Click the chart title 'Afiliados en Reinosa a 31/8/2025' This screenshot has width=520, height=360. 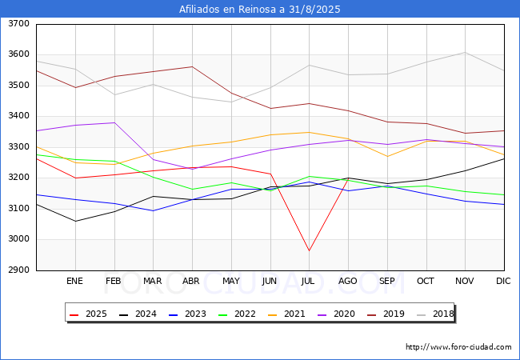[260, 9]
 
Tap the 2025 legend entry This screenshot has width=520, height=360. [88, 314]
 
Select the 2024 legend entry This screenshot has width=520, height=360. [138, 314]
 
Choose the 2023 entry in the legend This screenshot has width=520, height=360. [187, 314]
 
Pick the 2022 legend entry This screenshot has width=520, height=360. [237, 314]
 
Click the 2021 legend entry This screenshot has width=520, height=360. [286, 314]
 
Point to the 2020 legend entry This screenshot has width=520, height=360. [336, 314]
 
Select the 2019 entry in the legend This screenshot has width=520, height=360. [386, 314]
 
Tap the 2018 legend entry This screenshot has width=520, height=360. [435, 314]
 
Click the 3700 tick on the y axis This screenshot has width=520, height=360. [18, 23]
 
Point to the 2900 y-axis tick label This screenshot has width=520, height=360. [18, 270]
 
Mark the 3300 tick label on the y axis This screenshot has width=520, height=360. [18, 146]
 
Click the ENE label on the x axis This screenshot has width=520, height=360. [74, 281]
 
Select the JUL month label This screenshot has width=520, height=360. [308, 281]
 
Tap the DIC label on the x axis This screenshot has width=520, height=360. [503, 281]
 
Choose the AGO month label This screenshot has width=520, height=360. [347, 281]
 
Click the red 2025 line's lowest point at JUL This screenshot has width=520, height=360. [309, 250]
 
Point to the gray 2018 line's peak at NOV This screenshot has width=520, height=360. [466, 52]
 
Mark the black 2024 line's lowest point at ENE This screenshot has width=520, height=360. [76, 221]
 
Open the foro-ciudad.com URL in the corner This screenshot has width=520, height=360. [458, 347]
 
